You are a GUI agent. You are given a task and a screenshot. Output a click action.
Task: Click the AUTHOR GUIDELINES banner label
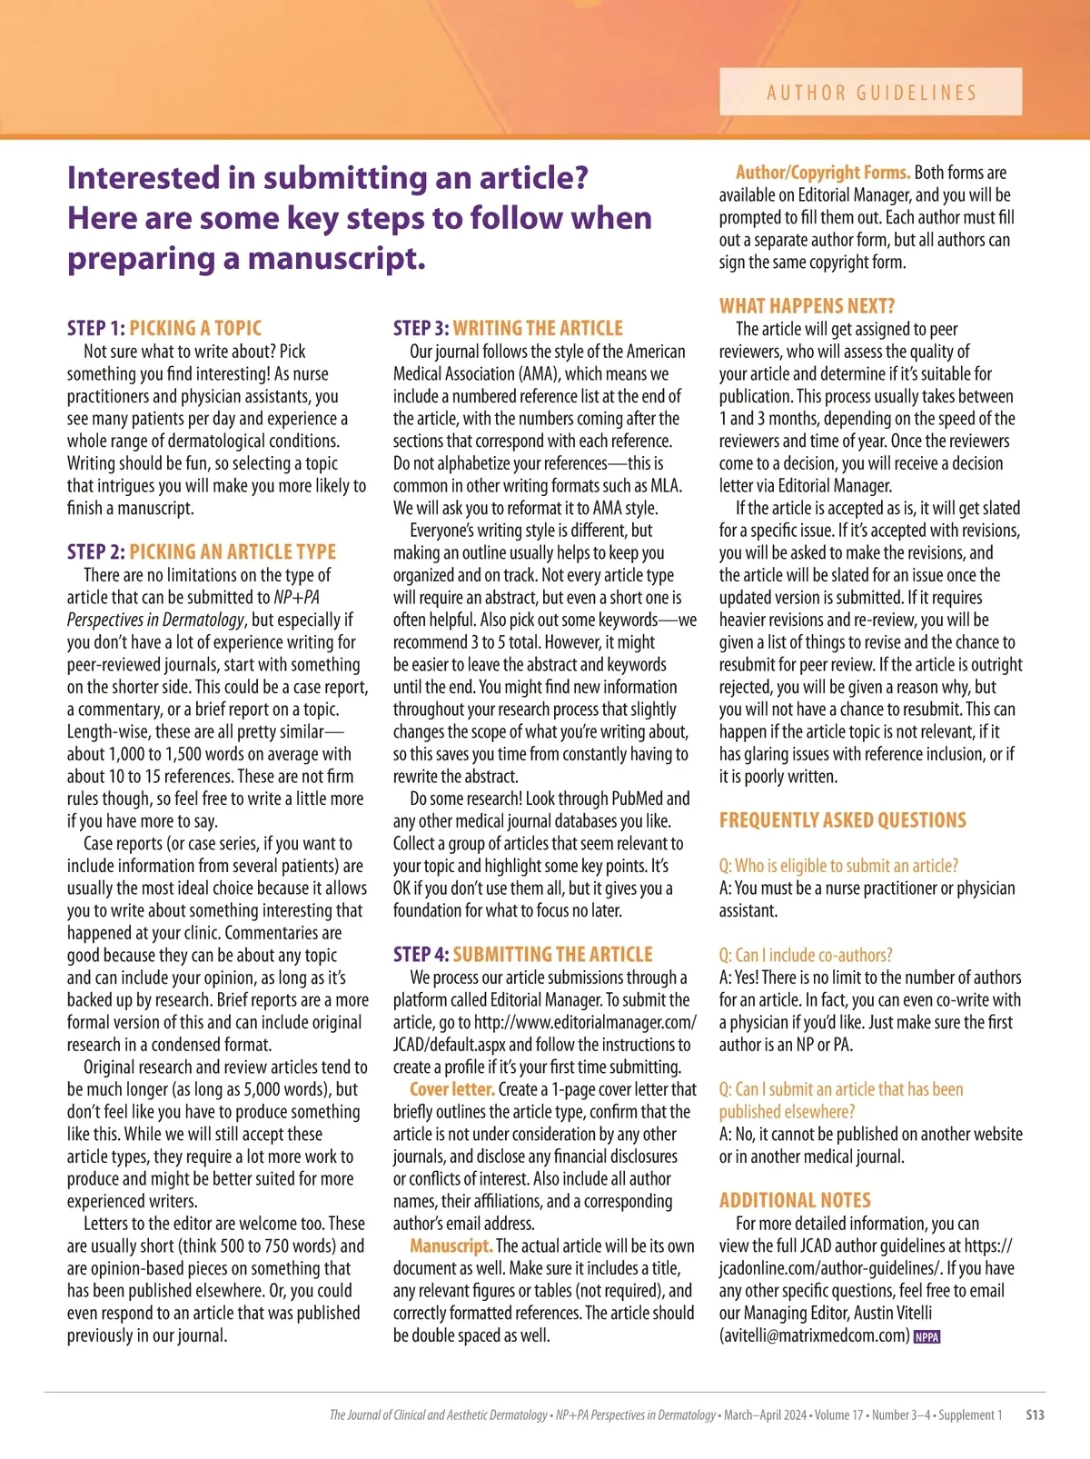(x=871, y=92)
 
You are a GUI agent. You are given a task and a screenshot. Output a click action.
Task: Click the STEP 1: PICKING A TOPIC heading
(x=164, y=328)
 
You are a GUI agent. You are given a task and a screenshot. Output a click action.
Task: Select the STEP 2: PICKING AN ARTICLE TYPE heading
(x=202, y=551)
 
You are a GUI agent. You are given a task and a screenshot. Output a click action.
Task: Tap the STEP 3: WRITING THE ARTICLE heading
(x=508, y=328)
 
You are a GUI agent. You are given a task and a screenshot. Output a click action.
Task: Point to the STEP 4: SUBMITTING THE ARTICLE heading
(x=522, y=954)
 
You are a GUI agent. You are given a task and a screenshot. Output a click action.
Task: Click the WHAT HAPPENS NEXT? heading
(x=807, y=306)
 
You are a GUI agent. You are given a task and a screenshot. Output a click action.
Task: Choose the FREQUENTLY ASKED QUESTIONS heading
(x=842, y=820)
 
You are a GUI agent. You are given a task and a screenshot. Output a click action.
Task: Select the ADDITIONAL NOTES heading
(x=795, y=1200)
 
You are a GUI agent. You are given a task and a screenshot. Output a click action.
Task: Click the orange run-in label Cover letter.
(x=451, y=1088)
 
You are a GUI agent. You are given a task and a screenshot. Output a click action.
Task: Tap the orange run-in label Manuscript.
(x=451, y=1246)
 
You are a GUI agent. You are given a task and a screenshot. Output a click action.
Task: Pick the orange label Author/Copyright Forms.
(x=822, y=173)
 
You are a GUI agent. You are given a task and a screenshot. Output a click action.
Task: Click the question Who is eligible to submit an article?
(x=838, y=866)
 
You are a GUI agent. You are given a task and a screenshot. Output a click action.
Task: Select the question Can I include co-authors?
(x=806, y=955)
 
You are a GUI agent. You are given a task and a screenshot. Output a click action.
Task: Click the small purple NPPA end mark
(x=926, y=1336)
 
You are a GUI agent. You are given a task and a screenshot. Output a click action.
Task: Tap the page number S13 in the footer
(x=1035, y=1414)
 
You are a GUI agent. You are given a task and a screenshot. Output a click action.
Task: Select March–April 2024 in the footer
(x=765, y=1414)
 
